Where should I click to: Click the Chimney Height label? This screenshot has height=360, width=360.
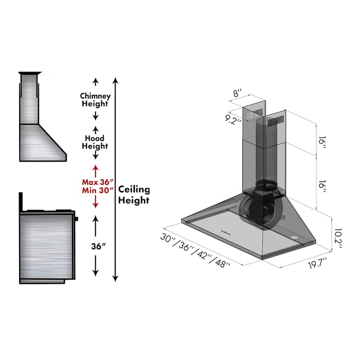coord(95,100)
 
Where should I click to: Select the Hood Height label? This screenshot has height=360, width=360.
coord(95,142)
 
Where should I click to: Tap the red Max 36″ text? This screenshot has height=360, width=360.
coord(95,181)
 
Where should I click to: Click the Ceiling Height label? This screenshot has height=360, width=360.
coord(134,195)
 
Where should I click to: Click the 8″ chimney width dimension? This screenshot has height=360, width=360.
coord(238,94)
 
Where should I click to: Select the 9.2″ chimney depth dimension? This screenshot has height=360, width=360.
coord(232,120)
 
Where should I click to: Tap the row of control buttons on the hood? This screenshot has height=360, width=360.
coord(225,231)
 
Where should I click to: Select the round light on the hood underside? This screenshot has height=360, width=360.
coord(295,239)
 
